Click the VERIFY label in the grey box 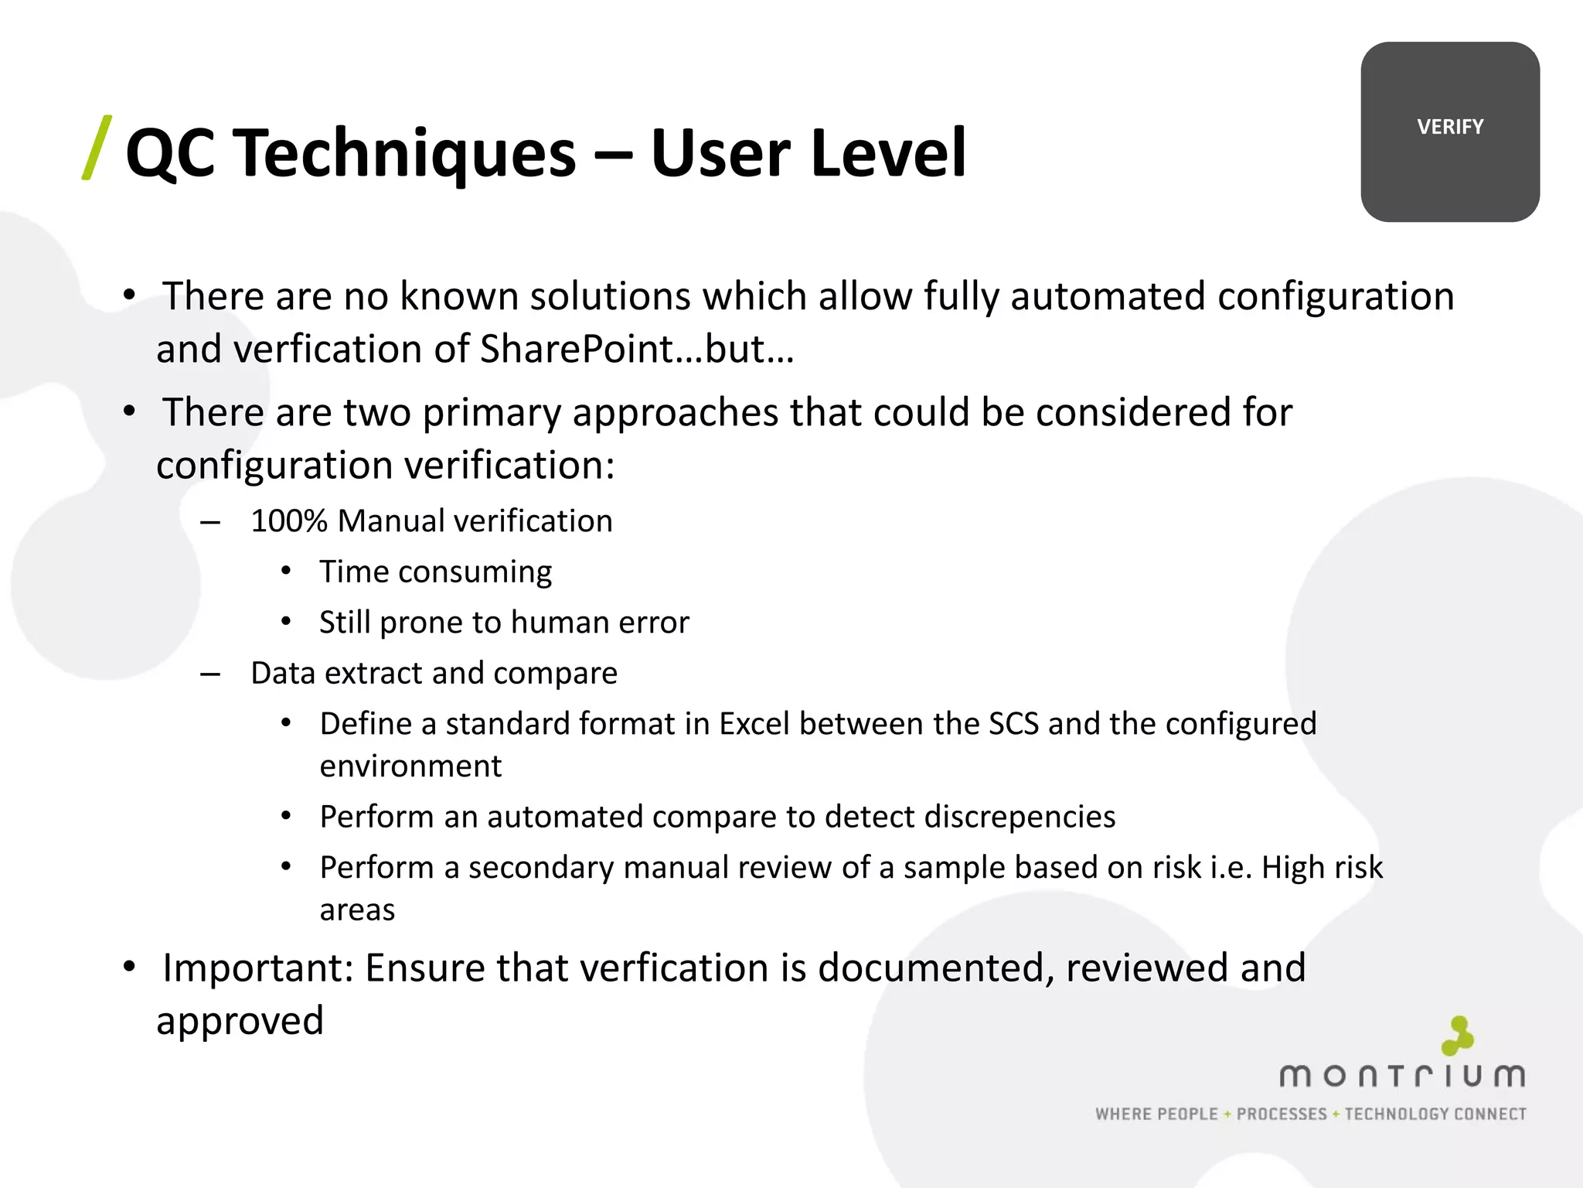coord(1450,127)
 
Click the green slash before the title coord(97,148)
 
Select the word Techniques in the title coord(405,153)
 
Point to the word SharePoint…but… coord(637,349)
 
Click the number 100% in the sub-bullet coord(289,521)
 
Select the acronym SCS coord(1013,724)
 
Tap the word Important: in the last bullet coord(258,968)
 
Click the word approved coord(240,1021)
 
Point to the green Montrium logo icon coord(1458,1036)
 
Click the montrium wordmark coord(1402,1076)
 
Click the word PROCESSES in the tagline coord(1282,1114)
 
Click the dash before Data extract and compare coord(209,674)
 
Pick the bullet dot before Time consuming coord(286,572)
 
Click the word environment coord(410,766)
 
